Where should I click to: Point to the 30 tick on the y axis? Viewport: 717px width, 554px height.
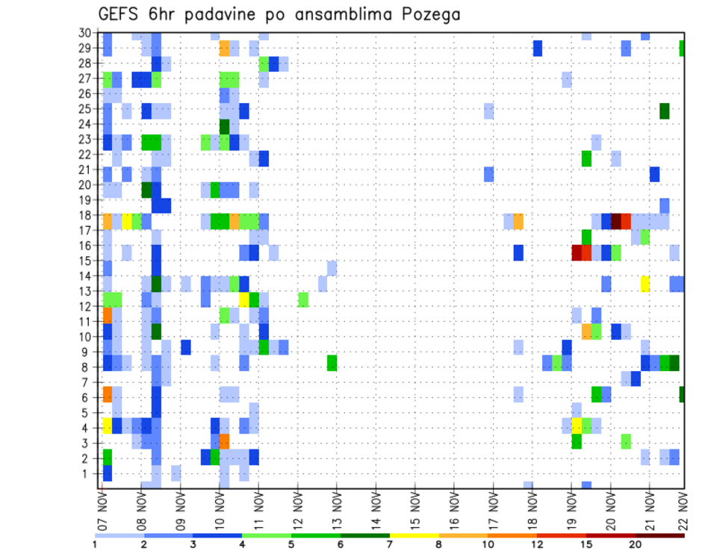(85, 33)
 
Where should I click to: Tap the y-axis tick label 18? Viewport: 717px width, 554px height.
(85, 215)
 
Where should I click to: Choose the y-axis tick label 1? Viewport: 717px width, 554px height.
(88, 473)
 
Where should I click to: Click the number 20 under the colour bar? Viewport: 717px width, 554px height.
(636, 544)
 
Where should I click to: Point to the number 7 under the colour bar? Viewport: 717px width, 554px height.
(389, 544)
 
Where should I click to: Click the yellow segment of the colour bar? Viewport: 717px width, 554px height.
(414, 535)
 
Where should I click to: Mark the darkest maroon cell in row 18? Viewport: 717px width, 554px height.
(616, 221)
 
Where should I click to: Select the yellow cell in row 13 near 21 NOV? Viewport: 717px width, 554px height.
(645, 284)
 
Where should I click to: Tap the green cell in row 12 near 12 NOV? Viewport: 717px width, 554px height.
(303, 299)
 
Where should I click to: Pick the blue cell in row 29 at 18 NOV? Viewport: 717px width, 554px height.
(538, 49)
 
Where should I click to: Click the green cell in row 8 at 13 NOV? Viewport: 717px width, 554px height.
(332, 363)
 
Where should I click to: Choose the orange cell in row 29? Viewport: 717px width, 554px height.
(225, 49)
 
